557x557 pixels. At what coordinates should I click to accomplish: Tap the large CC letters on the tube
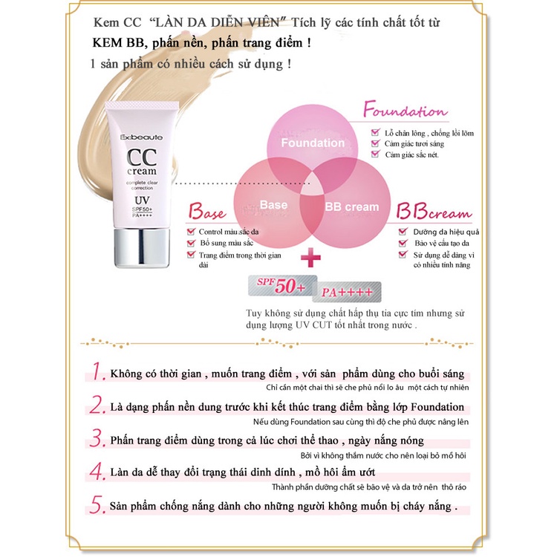pos(141,158)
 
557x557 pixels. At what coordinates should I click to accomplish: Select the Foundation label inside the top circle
pos(313,143)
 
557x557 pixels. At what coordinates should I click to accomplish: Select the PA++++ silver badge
pos(346,292)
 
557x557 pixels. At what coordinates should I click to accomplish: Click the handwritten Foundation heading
pos(404,112)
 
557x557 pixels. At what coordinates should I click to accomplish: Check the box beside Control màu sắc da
pos(192,231)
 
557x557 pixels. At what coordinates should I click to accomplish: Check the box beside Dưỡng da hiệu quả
pos(400,231)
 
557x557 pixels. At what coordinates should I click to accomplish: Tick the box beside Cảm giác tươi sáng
pos(376,144)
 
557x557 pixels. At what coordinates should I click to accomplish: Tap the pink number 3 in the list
pos(98,440)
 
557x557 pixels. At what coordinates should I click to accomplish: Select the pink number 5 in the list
pos(98,505)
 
